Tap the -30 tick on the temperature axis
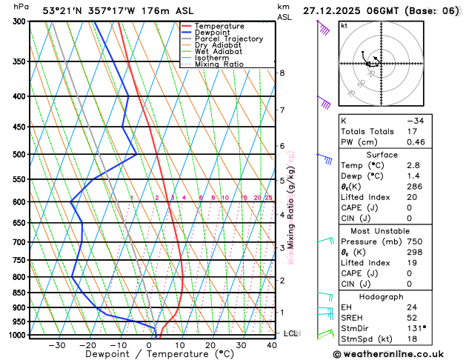[56, 345]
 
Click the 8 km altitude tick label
[282, 73]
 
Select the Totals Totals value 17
[411, 131]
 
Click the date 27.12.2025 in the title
[335, 11]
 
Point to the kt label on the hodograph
[344, 25]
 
